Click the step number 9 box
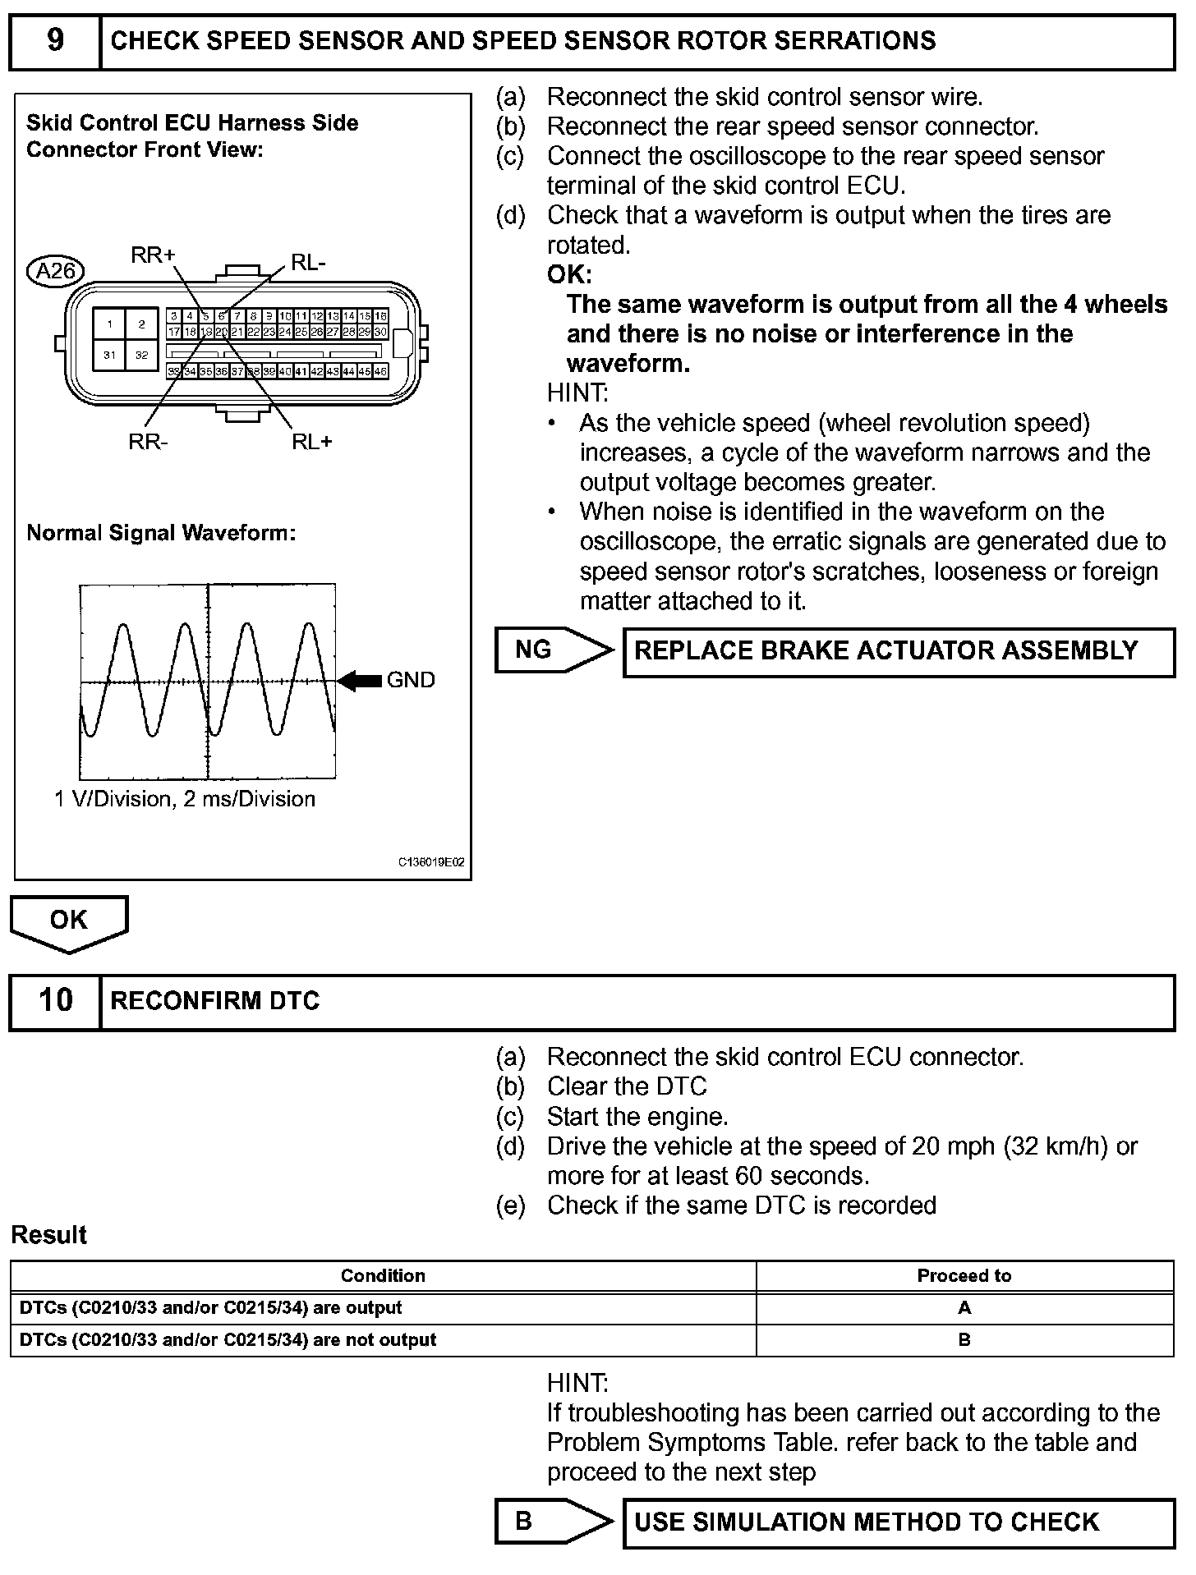point(55,41)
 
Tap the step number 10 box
point(55,1000)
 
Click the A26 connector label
point(56,270)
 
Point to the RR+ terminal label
point(153,255)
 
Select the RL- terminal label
point(309,263)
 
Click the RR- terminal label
point(148,442)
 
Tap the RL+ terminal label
point(312,442)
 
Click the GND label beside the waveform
point(411,680)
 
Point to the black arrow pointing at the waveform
point(360,680)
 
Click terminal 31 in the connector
point(109,355)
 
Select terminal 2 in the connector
point(141,324)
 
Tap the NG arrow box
point(553,650)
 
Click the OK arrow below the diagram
point(69,921)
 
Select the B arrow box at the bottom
point(553,1521)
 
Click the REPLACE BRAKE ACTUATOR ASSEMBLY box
point(899,652)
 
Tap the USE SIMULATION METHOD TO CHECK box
point(899,1522)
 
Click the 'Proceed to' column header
point(964,1275)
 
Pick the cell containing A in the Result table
point(964,1307)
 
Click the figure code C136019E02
point(431,862)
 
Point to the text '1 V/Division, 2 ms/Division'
point(185,799)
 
